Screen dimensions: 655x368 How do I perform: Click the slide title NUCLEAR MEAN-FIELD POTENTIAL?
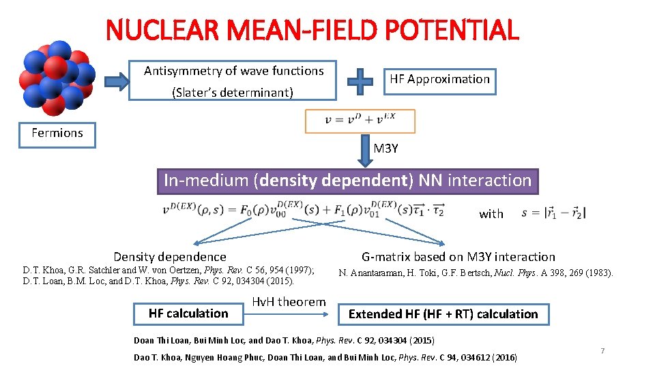point(312,30)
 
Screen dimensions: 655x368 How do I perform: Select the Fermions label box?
point(57,134)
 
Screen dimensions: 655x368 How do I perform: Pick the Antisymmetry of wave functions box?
point(233,81)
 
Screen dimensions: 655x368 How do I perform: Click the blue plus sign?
point(360,81)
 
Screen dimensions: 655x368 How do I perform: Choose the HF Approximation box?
point(439,80)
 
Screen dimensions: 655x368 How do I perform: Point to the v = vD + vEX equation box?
point(360,121)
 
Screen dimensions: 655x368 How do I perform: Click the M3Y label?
point(385,149)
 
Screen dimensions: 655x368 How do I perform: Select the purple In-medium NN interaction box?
point(347,181)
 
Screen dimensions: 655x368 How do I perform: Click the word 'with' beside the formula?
point(491,214)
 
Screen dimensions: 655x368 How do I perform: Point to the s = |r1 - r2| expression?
point(553,213)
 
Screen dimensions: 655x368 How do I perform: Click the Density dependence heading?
point(170,257)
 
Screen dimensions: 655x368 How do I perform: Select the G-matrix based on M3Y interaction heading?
point(458,257)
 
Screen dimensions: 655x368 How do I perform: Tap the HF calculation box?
point(188,313)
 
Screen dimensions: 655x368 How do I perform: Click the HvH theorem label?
point(289,302)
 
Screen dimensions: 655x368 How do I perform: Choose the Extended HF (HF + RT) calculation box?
point(443,314)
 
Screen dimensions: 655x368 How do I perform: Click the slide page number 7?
point(602,350)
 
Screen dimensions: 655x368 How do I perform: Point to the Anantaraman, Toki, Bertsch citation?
point(476,273)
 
